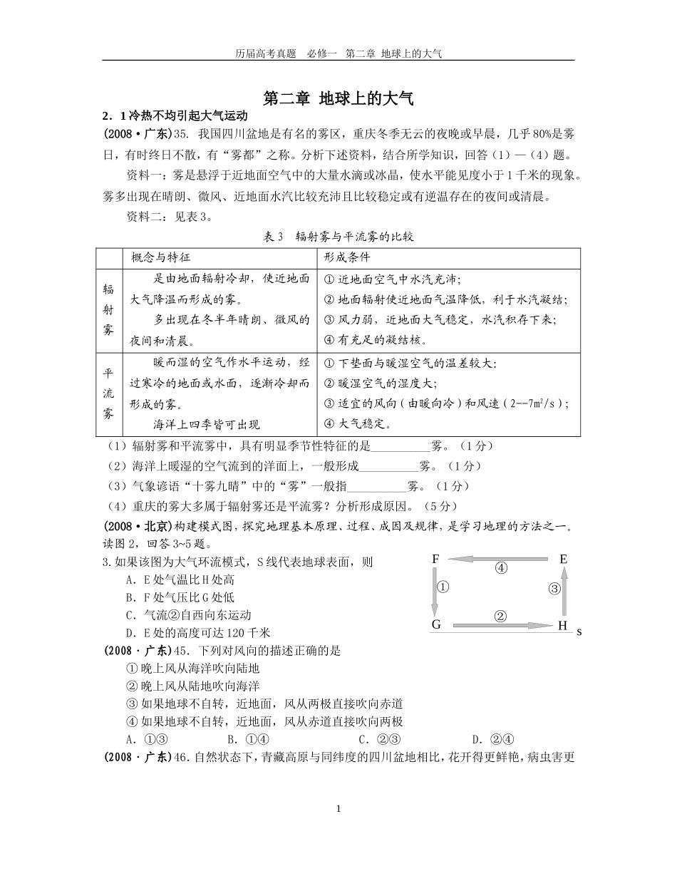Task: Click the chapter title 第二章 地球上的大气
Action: click(x=338, y=98)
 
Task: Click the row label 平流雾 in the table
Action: click(x=109, y=393)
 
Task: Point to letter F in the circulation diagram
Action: click(x=435, y=560)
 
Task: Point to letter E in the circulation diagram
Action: click(x=563, y=560)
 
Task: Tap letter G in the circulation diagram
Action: click(x=436, y=625)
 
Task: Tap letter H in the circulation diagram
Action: click(x=562, y=626)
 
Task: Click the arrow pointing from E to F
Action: click(x=499, y=560)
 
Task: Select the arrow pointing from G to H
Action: click(x=499, y=626)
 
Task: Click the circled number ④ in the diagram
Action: click(x=501, y=569)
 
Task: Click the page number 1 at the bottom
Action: click(x=338, y=809)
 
